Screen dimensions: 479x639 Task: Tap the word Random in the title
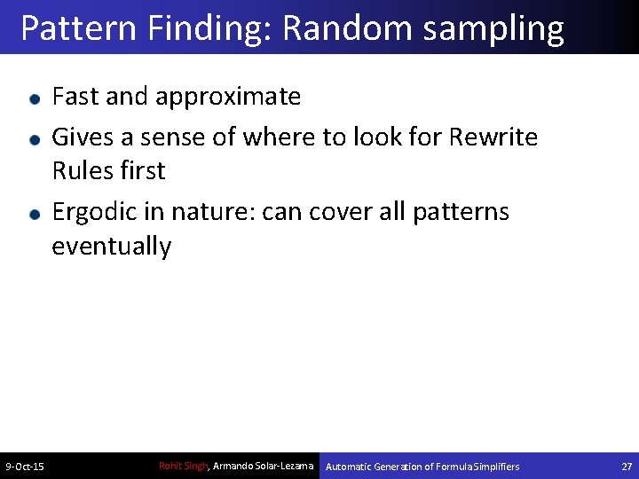(348, 28)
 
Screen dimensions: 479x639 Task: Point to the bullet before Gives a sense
(33, 139)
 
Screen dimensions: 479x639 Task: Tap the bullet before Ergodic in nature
(33, 214)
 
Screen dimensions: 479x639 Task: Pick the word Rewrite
(493, 137)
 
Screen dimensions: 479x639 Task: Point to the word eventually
(111, 247)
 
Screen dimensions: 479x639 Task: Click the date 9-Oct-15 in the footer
(26, 467)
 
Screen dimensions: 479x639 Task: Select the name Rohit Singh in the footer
(182, 466)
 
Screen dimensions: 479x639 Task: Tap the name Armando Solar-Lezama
(263, 466)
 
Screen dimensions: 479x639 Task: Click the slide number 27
(627, 467)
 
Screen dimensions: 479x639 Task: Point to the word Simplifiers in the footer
(497, 467)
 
